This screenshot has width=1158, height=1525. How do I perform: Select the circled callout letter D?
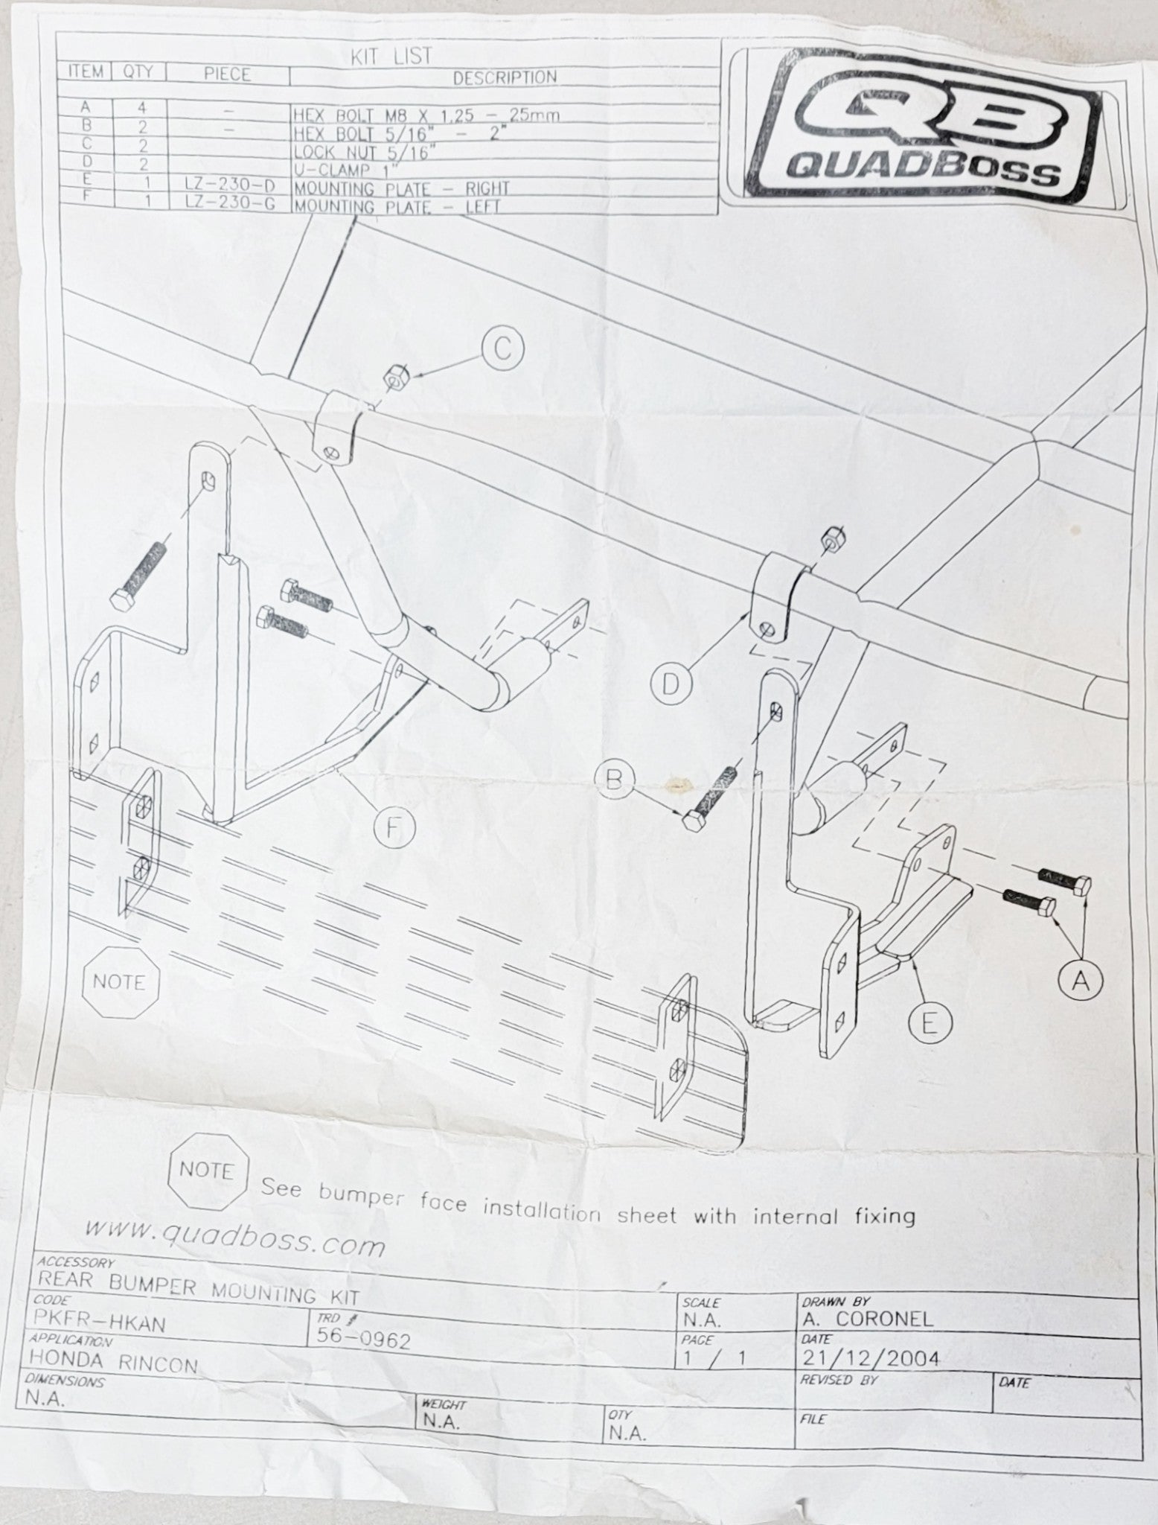[671, 682]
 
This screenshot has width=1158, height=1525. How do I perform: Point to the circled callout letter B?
[615, 780]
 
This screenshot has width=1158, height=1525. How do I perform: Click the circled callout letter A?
[1081, 981]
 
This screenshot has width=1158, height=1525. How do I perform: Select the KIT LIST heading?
[391, 57]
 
